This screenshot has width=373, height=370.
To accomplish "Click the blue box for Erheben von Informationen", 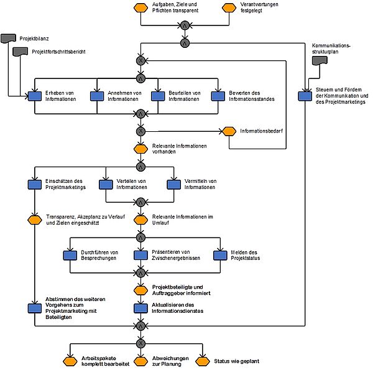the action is [35, 96].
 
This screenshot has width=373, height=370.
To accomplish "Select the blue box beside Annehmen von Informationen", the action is [97, 96].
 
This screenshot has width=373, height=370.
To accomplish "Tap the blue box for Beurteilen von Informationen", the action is [158, 96].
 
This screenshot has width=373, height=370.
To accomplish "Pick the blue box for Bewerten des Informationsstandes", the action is [218, 96].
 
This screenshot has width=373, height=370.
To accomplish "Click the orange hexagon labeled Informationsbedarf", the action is [229, 131].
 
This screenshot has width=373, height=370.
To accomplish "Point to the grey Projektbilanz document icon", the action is [8, 39].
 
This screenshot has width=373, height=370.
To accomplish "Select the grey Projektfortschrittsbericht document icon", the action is [21, 52].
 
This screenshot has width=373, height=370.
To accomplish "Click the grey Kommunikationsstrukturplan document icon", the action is [320, 60].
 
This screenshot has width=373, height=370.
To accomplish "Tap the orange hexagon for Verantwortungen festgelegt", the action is [229, 7].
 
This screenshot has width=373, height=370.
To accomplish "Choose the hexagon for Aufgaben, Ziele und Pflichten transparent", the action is [141, 7].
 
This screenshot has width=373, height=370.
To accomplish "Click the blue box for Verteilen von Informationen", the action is [106, 185].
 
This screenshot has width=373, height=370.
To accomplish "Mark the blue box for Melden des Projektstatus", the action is [220, 256].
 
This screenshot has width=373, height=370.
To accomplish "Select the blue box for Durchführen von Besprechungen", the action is [70, 256].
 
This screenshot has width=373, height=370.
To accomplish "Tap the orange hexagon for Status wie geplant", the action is [203, 361].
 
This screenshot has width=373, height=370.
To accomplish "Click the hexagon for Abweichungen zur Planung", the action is [141, 361].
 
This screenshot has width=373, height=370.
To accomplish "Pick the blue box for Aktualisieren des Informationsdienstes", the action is [141, 308].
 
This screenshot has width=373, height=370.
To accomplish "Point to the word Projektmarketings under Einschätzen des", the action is [65, 187].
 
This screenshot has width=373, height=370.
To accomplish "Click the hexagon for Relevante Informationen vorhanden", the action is [141, 149].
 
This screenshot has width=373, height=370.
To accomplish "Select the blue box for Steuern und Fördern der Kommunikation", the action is [305, 96].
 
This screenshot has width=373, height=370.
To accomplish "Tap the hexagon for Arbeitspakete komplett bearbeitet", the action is [70, 361].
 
